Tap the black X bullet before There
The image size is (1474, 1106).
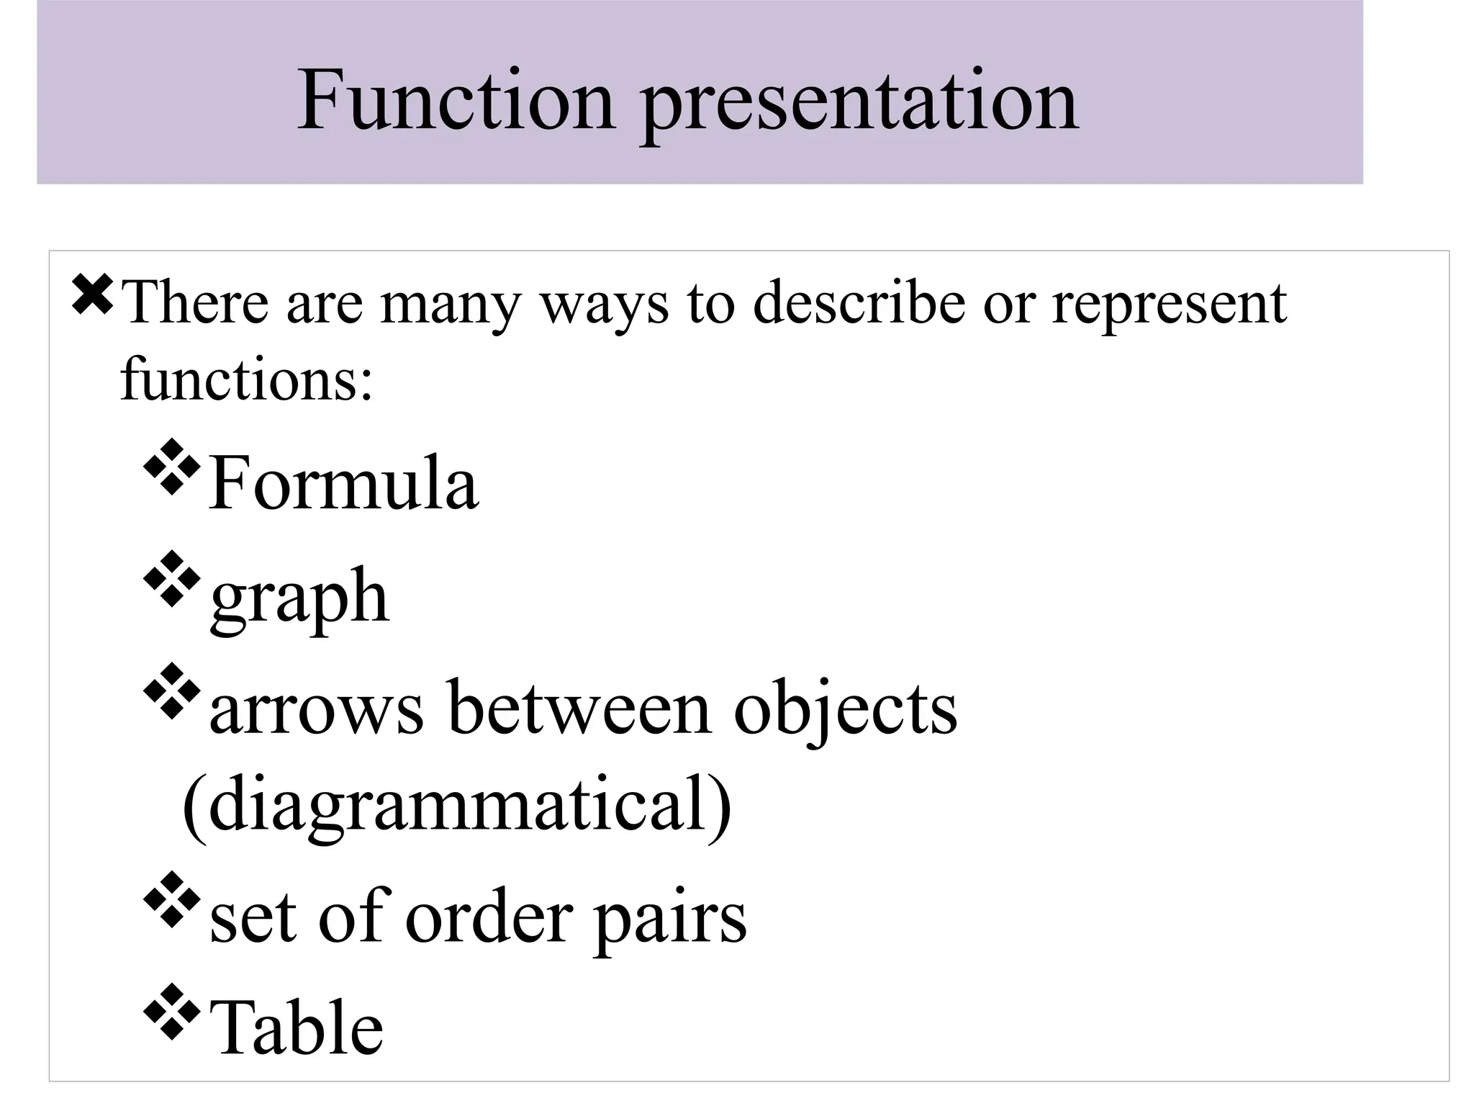click(92, 296)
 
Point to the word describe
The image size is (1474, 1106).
click(858, 302)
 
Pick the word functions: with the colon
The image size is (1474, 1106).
click(247, 379)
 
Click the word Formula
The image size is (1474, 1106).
click(343, 483)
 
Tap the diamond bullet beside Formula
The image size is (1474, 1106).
click(172, 467)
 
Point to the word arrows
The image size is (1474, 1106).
click(317, 710)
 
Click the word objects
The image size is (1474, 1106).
click(846, 711)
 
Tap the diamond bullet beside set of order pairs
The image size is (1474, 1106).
click(172, 899)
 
